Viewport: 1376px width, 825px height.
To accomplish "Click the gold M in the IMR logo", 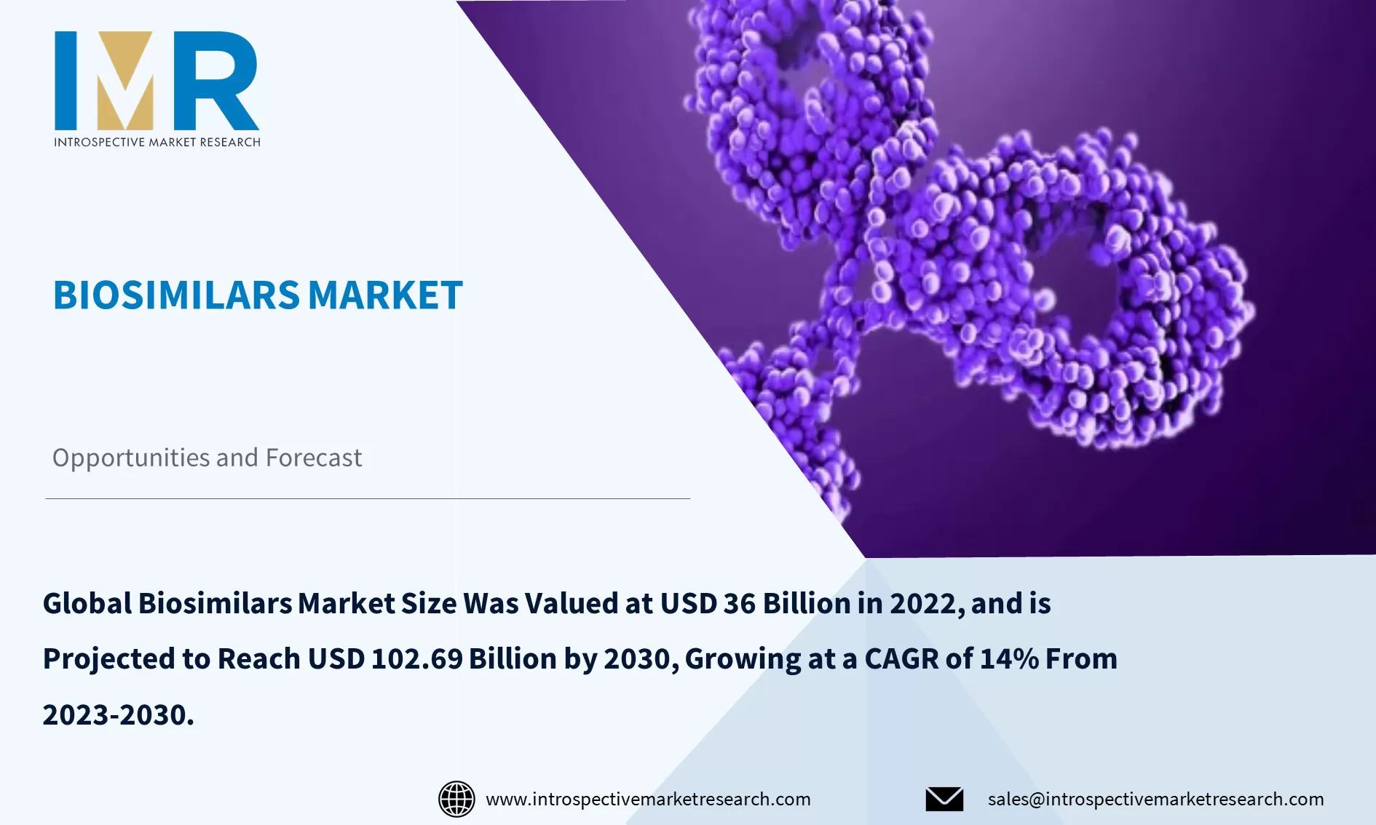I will (125, 81).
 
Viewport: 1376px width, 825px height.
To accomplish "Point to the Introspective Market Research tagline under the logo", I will (157, 142).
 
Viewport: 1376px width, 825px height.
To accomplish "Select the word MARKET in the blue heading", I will (385, 295).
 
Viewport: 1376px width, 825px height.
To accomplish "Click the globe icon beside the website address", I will (456, 799).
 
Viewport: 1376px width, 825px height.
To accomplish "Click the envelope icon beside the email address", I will (944, 799).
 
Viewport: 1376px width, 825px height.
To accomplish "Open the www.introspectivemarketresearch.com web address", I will (648, 799).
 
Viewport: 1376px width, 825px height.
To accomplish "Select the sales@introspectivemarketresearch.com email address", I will (1155, 799).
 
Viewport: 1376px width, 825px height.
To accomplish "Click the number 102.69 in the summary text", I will (416, 659).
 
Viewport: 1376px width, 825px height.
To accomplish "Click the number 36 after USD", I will (739, 604).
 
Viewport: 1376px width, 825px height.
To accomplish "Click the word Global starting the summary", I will (87, 604).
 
